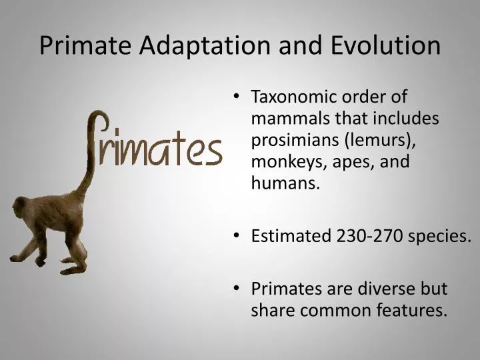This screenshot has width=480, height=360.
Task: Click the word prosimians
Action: (x=290, y=141)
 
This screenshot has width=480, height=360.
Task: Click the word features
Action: (x=413, y=311)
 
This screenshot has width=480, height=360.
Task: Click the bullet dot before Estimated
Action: (x=239, y=236)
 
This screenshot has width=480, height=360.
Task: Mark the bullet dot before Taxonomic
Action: (x=239, y=97)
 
